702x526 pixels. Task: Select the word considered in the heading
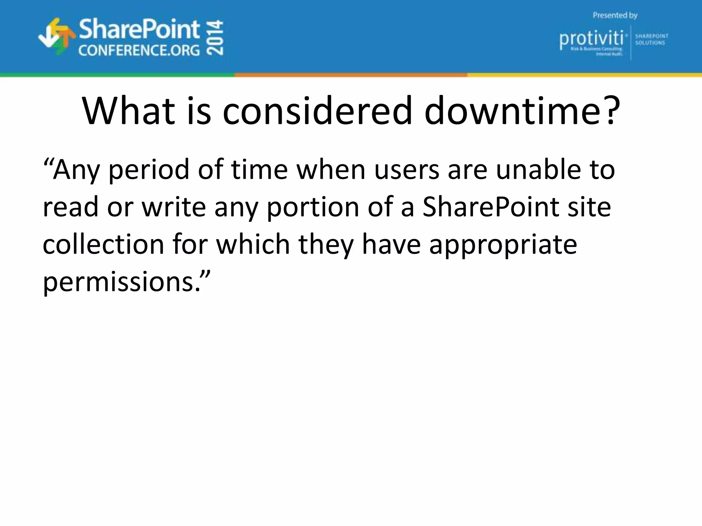coord(317,111)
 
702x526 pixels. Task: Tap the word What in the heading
coord(129,111)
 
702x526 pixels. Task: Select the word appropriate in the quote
coord(503,245)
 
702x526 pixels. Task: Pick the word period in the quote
coord(148,171)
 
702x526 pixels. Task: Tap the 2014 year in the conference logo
coord(216,38)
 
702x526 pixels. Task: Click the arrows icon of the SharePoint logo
coord(57,36)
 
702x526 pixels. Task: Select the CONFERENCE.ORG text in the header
coord(139,51)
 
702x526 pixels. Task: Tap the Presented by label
coord(615,15)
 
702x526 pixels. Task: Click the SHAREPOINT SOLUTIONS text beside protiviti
coord(651,39)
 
